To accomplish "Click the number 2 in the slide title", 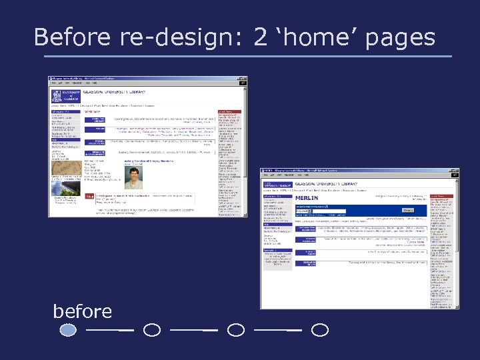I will [x=260, y=37].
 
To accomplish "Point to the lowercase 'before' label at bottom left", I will [x=83, y=311].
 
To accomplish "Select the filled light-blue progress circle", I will [x=68, y=329].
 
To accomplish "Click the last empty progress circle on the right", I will [x=320, y=329].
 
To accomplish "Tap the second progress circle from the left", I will [x=152, y=329].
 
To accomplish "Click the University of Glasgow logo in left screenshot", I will [x=65, y=95].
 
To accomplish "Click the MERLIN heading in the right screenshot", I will [x=307, y=198].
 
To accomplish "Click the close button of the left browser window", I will [x=250, y=79].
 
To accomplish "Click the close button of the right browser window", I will [x=457, y=171].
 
